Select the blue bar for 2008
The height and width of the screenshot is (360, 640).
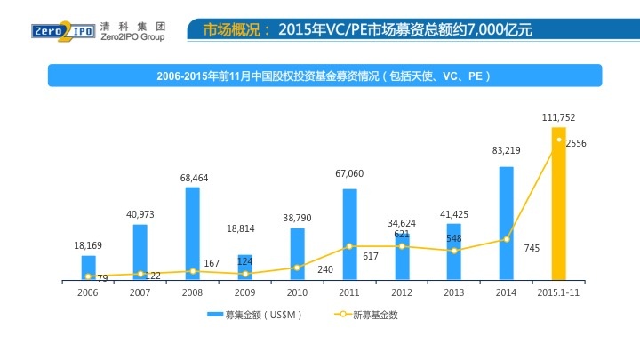click(x=192, y=234)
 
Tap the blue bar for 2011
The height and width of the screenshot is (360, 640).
click(x=349, y=235)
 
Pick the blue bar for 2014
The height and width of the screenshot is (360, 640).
click(x=507, y=223)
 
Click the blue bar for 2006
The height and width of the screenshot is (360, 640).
click(x=88, y=268)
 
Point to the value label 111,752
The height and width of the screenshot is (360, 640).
click(x=559, y=117)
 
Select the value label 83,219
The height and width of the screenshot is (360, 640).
click(x=507, y=151)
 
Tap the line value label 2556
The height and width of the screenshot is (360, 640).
click(x=576, y=143)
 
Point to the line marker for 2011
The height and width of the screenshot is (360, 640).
click(x=349, y=246)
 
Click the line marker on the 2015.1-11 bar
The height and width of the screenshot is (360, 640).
click(x=559, y=139)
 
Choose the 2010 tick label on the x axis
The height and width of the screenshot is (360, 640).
click(x=297, y=292)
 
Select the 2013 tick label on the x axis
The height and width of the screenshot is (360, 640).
click(x=454, y=292)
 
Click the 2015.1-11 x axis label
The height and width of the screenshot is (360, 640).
click(x=559, y=292)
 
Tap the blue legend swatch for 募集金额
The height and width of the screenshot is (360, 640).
click(x=214, y=315)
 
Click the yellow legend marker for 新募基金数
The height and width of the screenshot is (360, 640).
click(x=342, y=315)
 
